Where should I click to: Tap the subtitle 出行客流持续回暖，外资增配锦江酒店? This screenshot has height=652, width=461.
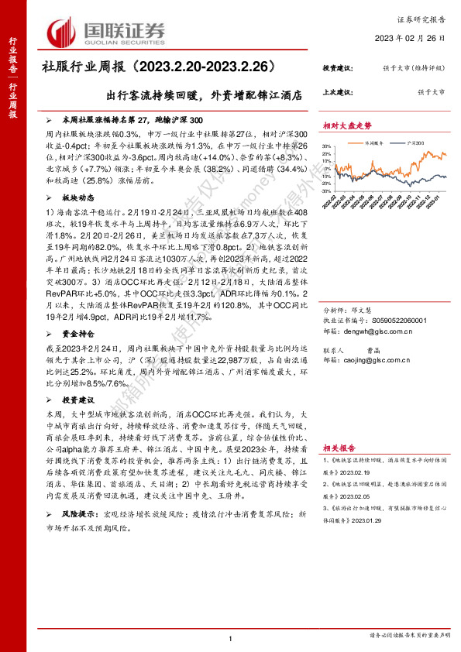[205, 98]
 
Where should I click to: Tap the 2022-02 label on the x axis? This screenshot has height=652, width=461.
[334, 204]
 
